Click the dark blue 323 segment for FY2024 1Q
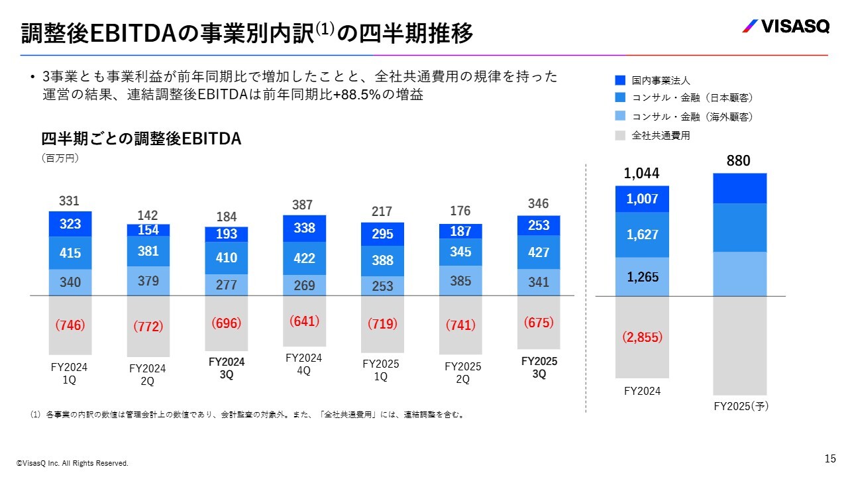(x=70, y=224)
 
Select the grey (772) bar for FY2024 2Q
(x=148, y=326)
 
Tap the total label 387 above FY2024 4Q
(x=304, y=205)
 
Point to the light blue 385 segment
(x=460, y=281)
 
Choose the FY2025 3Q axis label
(x=539, y=368)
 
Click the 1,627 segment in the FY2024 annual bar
(x=642, y=235)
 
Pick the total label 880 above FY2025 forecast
(x=739, y=161)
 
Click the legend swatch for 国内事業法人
(x=620, y=80)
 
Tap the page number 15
(x=830, y=458)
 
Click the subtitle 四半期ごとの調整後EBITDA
(x=141, y=139)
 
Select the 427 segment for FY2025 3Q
(x=539, y=252)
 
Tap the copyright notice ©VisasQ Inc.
(x=72, y=463)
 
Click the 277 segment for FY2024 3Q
(x=227, y=285)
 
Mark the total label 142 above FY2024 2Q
(x=148, y=215)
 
